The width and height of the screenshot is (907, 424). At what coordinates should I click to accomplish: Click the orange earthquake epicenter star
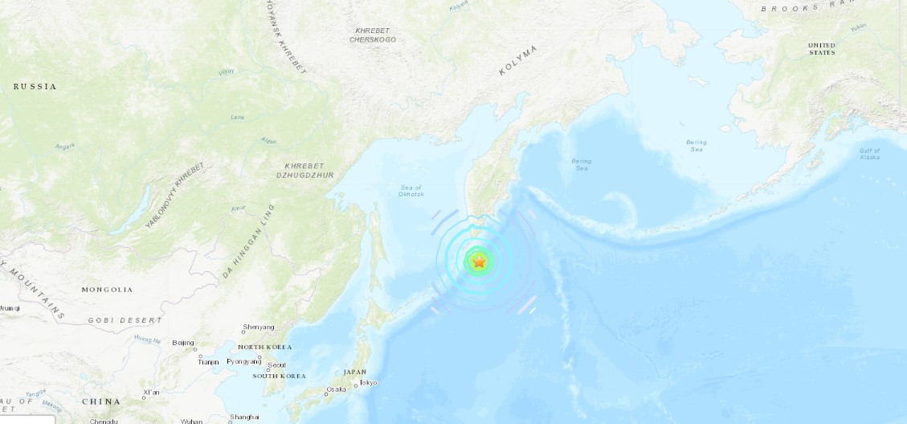[479, 261]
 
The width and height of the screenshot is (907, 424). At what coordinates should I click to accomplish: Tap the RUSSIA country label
[35, 86]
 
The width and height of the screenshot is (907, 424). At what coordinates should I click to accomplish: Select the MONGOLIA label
[107, 290]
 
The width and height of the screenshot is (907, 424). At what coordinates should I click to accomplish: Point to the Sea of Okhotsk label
[411, 191]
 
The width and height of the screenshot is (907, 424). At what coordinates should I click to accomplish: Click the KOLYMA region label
[517, 61]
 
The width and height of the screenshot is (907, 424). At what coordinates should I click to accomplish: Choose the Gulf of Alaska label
[869, 154]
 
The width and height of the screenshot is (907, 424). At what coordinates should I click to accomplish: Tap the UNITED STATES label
[822, 49]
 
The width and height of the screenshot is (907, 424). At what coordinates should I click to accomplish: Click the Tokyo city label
[368, 382]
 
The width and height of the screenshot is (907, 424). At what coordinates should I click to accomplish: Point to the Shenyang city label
[259, 327]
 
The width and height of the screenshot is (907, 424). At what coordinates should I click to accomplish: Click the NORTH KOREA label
[264, 347]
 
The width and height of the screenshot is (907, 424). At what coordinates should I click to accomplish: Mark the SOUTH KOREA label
[279, 376]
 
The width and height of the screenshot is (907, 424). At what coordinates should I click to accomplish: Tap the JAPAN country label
[354, 372]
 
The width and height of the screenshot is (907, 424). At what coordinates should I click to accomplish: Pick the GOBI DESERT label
[119, 319]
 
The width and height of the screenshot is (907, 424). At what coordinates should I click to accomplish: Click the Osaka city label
[336, 390]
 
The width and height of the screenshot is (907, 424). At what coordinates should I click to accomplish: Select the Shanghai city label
[244, 417]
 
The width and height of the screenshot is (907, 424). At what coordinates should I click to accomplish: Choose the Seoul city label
[277, 364]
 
